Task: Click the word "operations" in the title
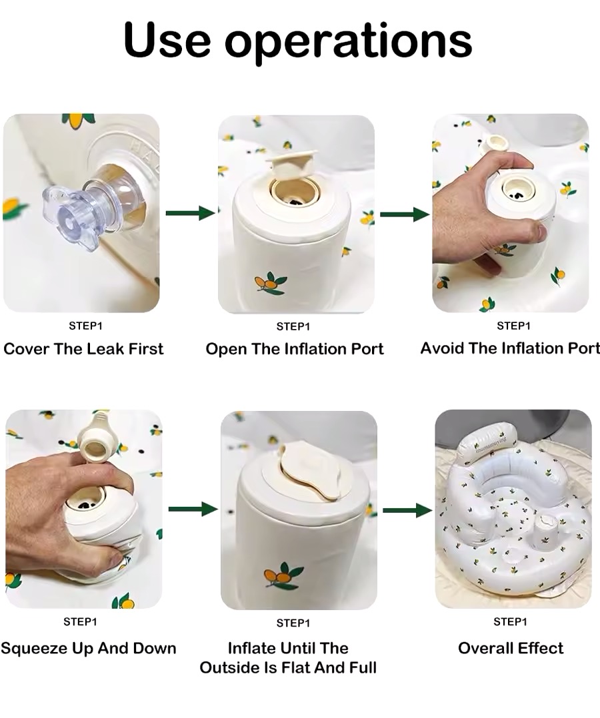348,41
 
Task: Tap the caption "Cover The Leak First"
83,349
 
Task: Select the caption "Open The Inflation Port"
294,349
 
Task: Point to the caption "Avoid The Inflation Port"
510,348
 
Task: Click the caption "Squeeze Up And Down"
88,648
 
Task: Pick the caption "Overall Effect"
511,648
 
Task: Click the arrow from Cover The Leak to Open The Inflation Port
191,213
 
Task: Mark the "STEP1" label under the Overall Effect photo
510,622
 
